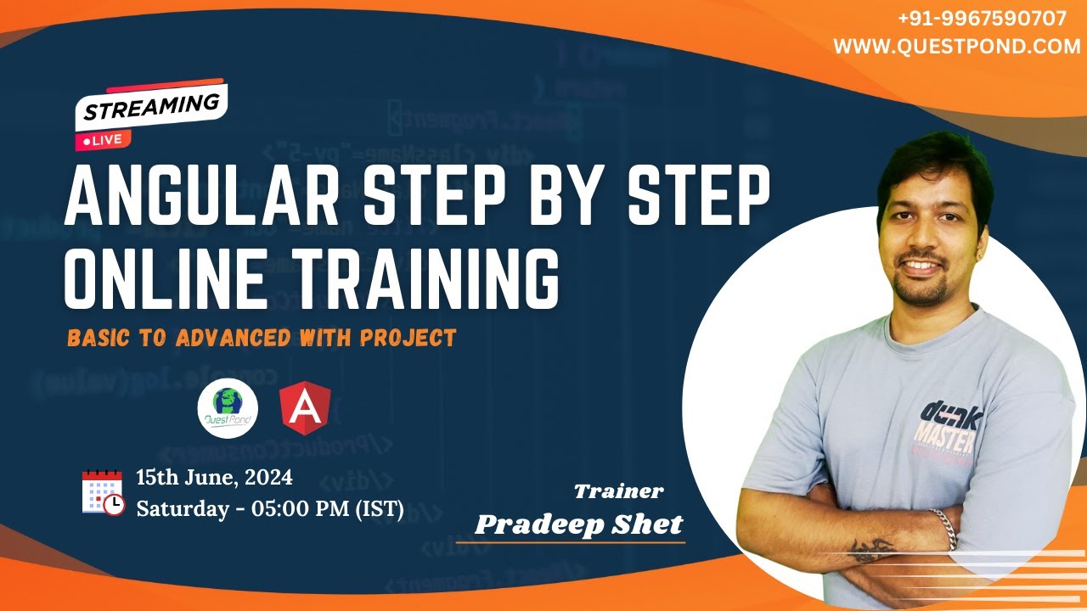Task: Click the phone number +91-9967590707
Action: point(982,20)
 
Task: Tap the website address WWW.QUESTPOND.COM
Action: point(956,48)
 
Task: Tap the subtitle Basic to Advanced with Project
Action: point(262,338)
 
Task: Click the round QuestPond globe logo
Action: point(228,406)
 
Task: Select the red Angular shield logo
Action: point(305,406)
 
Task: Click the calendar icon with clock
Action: point(102,492)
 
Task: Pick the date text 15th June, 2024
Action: point(214,478)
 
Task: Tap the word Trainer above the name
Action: point(618,490)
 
